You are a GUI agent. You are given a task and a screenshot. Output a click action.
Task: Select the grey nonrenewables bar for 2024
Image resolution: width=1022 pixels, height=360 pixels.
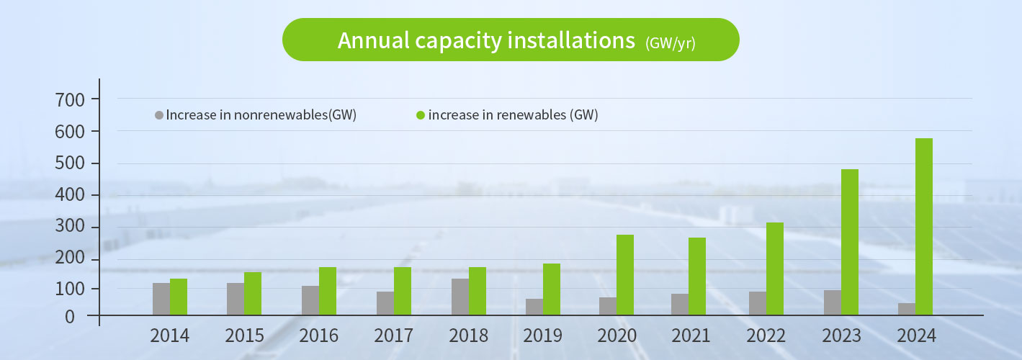tap(906, 309)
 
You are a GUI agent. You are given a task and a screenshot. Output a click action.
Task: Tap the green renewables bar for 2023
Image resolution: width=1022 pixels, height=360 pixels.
tap(849, 242)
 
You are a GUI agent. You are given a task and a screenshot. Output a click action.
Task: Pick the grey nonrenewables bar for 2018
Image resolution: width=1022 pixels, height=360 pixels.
tap(460, 297)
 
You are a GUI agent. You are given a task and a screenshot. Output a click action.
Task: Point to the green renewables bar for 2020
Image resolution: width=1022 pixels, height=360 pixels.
tap(624, 274)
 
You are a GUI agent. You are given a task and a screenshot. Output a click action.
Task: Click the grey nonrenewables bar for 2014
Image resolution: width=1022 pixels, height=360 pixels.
tap(161, 299)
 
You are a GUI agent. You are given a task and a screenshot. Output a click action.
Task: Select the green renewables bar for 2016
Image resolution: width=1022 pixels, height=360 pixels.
tap(327, 291)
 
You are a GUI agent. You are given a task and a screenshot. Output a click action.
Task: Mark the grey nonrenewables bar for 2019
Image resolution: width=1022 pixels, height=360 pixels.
tap(534, 307)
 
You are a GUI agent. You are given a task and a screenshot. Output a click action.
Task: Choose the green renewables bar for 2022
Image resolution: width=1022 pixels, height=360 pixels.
tap(774, 269)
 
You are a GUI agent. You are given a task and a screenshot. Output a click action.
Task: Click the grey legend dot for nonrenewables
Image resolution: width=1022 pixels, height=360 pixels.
tap(159, 115)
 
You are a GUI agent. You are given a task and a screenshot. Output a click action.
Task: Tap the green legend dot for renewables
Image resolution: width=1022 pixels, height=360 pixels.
tap(421, 115)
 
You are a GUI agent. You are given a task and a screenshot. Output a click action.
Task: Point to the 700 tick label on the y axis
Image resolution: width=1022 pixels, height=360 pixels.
tap(70, 99)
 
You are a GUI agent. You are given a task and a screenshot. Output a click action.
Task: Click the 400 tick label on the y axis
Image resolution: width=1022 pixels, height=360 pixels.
tap(70, 195)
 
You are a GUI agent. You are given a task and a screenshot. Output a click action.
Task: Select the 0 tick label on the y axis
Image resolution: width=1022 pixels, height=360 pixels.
tap(70, 317)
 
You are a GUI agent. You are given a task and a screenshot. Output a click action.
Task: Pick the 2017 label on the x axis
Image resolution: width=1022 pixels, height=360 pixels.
tap(393, 336)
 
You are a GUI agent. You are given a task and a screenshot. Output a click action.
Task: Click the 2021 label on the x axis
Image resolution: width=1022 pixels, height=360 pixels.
tap(690, 336)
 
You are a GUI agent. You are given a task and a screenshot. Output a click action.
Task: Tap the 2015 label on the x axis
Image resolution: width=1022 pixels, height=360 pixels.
tap(244, 336)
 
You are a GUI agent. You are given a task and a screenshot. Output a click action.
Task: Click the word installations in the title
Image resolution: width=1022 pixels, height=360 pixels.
tap(571, 40)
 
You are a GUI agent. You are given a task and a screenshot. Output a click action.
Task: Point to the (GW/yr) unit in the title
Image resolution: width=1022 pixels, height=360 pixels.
tap(670, 43)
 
